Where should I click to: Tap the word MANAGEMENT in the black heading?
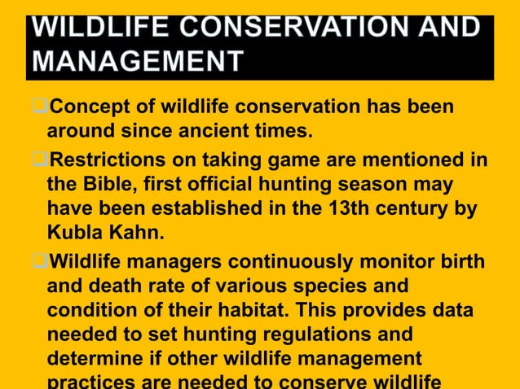point(138,61)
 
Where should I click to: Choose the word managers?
point(174,263)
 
